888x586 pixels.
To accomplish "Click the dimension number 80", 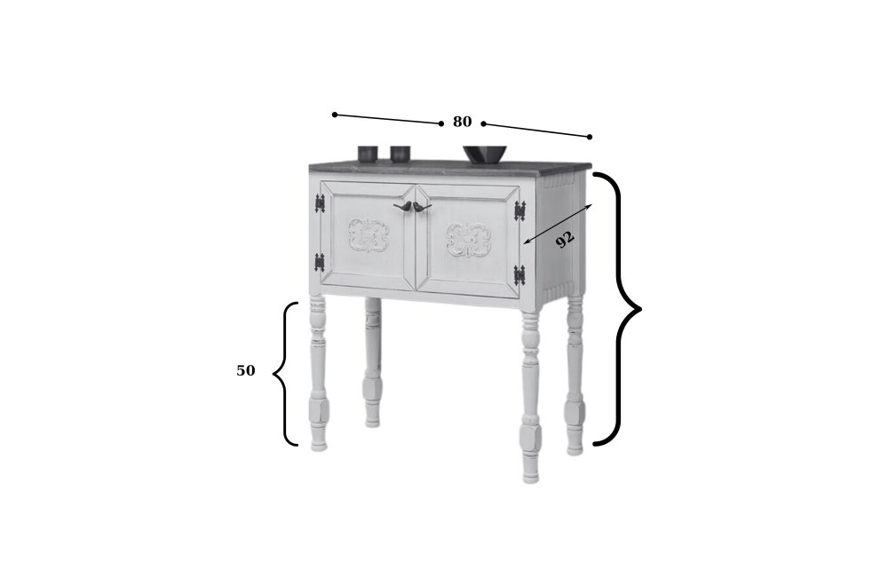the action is (462, 122).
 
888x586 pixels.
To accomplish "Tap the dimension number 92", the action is (565, 239).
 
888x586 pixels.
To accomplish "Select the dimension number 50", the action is (246, 371).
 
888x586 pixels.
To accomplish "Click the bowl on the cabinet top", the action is (486, 154).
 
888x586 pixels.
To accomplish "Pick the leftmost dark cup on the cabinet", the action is (369, 154).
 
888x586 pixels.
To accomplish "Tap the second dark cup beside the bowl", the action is (400, 154).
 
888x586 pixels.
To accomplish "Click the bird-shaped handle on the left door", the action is (403, 207).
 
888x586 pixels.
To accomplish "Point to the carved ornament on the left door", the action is (369, 235).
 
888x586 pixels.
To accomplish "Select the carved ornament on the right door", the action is (468, 240).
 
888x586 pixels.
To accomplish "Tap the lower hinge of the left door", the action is (320, 262).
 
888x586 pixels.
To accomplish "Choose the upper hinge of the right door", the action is (519, 210).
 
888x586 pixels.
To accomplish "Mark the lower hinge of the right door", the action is (519, 275).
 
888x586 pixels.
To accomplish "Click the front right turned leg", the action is (531, 397).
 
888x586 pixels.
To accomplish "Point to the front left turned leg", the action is (318, 373).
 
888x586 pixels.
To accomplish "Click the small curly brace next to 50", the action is (285, 374).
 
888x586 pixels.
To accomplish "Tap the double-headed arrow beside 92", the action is (558, 225).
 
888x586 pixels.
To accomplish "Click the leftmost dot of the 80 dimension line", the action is (335, 115).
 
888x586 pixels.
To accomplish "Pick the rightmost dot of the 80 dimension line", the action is (590, 137).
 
